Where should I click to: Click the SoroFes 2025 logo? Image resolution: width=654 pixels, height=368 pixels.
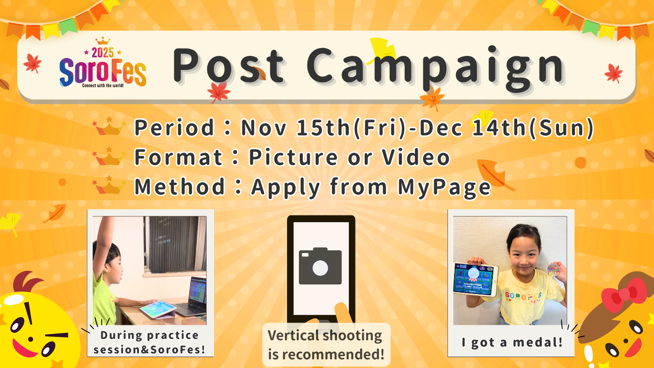(103, 63)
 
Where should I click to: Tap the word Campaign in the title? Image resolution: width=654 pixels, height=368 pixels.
(435, 68)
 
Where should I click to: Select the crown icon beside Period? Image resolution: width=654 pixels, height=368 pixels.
(109, 126)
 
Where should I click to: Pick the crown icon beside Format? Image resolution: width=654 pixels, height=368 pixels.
(109, 156)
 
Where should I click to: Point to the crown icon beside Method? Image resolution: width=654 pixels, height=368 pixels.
(109, 184)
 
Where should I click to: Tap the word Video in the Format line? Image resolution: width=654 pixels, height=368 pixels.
(416, 157)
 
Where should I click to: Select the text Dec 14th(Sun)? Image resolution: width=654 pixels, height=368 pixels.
(506, 128)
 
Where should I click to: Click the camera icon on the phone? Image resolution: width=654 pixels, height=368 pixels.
(320, 266)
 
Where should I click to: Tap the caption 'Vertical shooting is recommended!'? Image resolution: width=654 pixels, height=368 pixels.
(326, 345)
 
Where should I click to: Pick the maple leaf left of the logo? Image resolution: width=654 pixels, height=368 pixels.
(32, 63)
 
